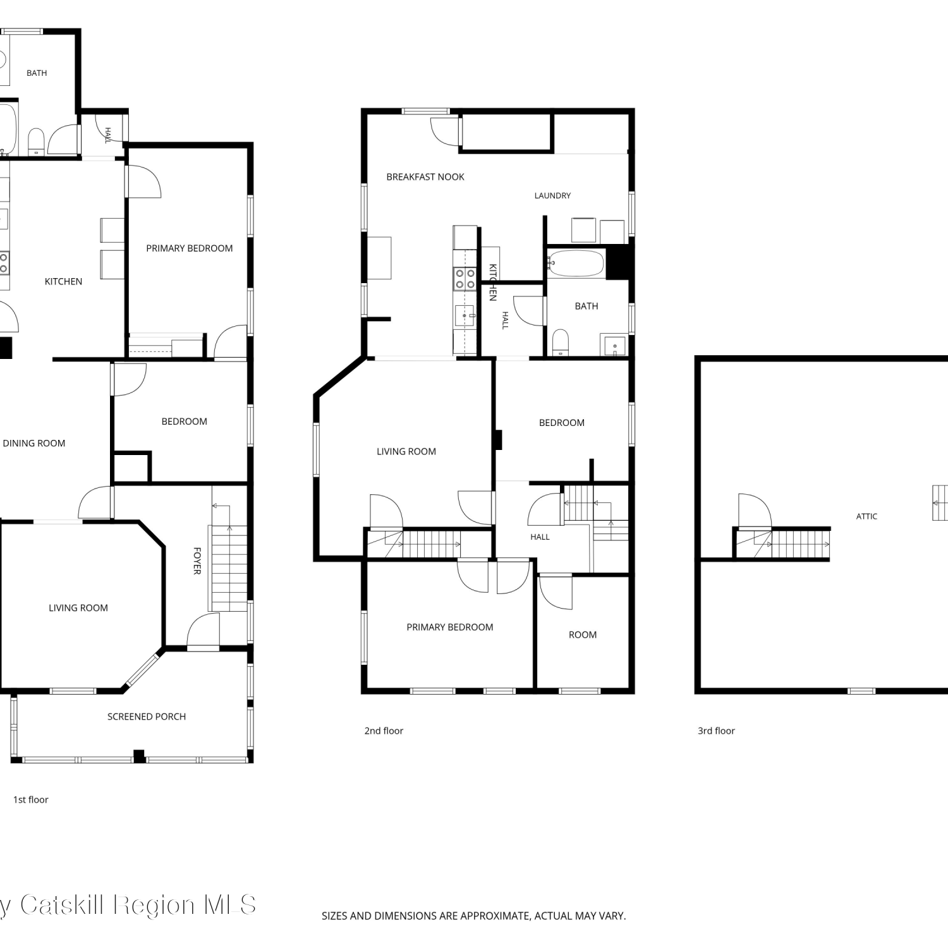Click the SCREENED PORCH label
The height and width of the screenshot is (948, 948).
(x=147, y=717)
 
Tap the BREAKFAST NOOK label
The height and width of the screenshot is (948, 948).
(x=425, y=177)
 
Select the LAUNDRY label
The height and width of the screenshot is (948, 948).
(x=552, y=196)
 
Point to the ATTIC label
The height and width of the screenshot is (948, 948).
(x=866, y=516)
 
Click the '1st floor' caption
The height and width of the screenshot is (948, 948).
(x=31, y=799)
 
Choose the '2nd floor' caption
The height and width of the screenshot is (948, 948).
(x=384, y=731)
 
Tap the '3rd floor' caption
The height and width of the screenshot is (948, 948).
(x=716, y=731)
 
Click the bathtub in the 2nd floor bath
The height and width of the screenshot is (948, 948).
(x=576, y=264)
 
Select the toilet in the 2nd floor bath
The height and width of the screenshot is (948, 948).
(x=561, y=342)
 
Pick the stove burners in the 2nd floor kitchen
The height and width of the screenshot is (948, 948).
(x=466, y=279)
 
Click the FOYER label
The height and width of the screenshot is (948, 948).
(x=197, y=561)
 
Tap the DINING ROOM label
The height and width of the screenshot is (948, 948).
(x=34, y=444)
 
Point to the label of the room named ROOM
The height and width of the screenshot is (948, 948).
(x=583, y=635)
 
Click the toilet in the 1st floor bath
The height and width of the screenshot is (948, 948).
(x=36, y=142)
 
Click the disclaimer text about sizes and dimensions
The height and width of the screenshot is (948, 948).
(x=473, y=916)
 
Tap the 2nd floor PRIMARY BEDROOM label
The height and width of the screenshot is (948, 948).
(x=450, y=628)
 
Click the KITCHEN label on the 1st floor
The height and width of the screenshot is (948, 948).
(x=63, y=282)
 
